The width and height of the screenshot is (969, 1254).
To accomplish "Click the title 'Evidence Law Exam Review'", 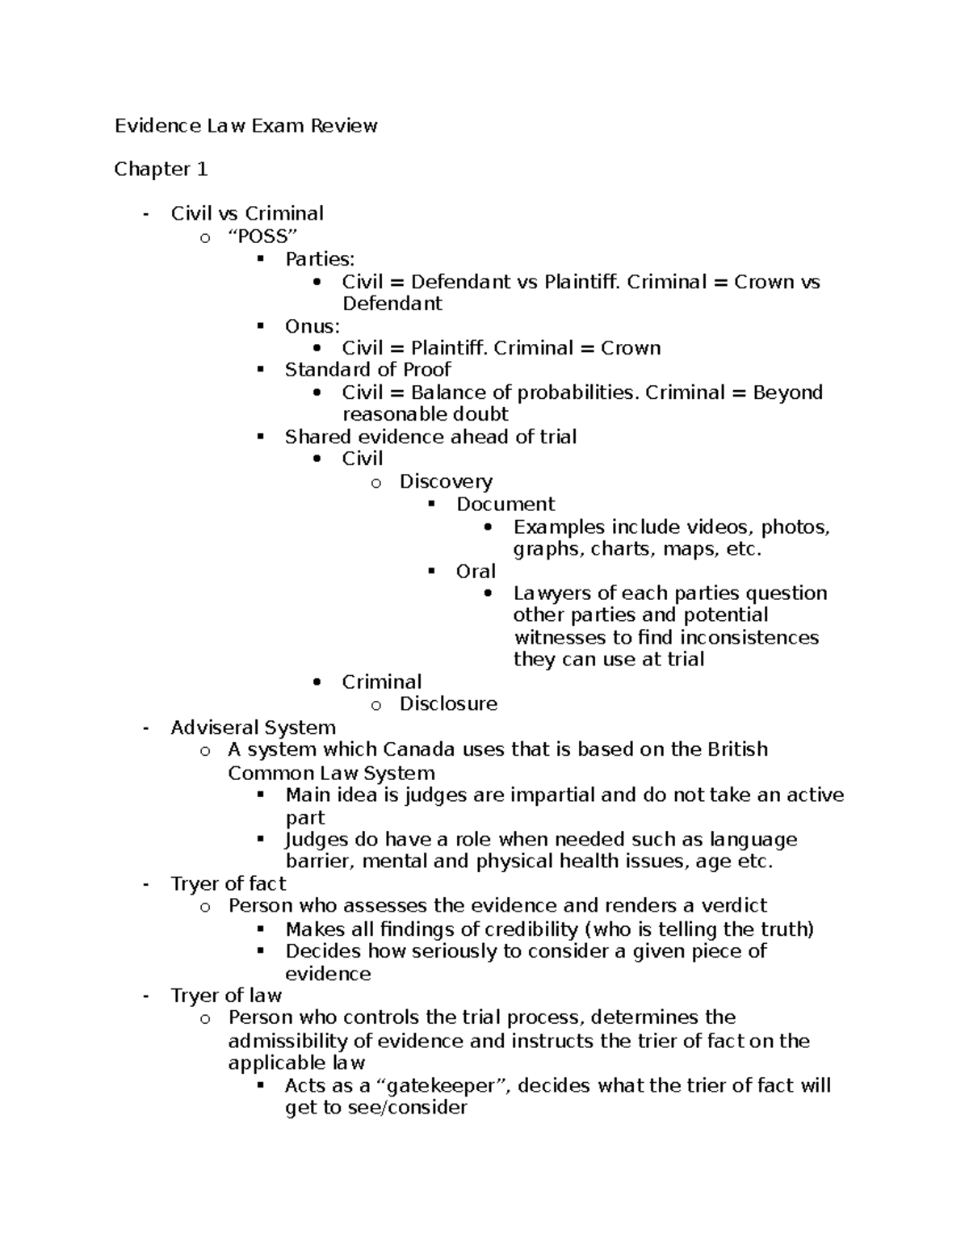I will [x=245, y=126].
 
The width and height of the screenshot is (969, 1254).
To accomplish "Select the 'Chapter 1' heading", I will [x=161, y=170].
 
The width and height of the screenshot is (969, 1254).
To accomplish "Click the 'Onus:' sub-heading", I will [x=312, y=326].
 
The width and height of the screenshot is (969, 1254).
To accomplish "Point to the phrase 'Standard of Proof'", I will [x=367, y=370].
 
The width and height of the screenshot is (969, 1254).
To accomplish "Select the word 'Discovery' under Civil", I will [x=446, y=481].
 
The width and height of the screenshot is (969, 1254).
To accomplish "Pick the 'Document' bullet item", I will [x=505, y=505].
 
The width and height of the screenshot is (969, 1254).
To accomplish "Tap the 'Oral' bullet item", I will [x=476, y=572].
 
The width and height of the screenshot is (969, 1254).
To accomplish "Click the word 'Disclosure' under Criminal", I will [x=448, y=704].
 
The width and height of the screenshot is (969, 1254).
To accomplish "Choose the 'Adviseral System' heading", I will [x=253, y=728].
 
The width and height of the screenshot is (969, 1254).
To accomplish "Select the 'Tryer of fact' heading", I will [x=228, y=884].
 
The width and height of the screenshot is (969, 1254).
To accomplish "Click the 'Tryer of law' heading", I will [x=225, y=996].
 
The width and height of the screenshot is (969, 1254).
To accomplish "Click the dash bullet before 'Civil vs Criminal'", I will [x=145, y=215].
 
